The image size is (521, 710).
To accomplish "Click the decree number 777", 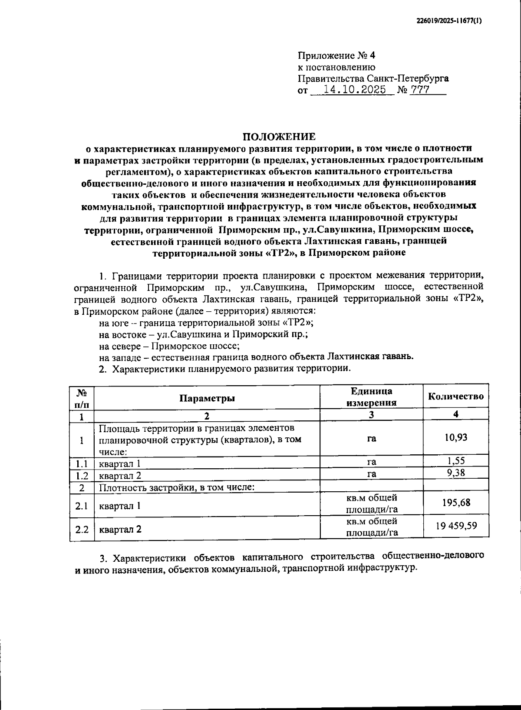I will [x=420, y=90].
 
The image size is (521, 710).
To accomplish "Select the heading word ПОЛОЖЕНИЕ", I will [x=279, y=137].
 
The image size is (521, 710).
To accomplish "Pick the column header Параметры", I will [x=207, y=398].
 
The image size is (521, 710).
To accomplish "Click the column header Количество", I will [x=455, y=396].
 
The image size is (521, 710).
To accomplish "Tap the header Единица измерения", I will [x=371, y=397].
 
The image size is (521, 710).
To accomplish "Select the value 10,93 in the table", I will [x=455, y=437].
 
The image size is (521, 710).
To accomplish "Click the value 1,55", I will [x=456, y=461].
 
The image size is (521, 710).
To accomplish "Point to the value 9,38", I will [x=456, y=473].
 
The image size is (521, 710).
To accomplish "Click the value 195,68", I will [x=456, y=503].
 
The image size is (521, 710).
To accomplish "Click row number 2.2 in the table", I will [x=82, y=529].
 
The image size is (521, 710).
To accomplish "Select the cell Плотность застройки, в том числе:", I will [x=177, y=487].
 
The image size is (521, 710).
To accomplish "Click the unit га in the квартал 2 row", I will [x=371, y=474].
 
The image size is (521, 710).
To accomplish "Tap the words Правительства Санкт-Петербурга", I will [x=373, y=79].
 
